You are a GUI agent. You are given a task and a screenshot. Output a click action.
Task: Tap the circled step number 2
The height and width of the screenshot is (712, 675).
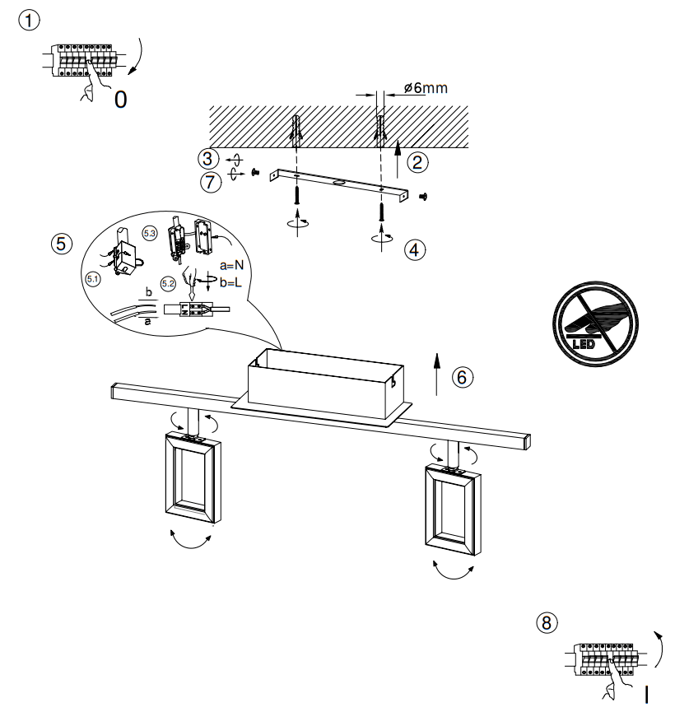[x=418, y=162]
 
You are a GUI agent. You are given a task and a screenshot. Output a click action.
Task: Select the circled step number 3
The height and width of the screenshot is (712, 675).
[x=209, y=158]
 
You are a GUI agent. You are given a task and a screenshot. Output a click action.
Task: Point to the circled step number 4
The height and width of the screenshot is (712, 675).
[x=415, y=249]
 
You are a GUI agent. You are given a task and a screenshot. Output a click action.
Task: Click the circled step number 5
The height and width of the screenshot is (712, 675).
[x=60, y=244]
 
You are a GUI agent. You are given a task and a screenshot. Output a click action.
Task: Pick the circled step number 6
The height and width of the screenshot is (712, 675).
[x=463, y=376]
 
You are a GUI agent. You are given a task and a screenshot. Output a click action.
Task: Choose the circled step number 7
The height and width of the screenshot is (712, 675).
[x=212, y=182]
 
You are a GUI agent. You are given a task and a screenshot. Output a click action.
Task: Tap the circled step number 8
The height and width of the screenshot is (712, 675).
[x=546, y=623]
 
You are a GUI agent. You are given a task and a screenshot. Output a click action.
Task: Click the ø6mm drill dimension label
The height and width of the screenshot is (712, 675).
[x=426, y=88]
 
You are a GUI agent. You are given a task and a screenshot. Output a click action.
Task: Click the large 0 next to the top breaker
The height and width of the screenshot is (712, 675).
[x=121, y=100]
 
